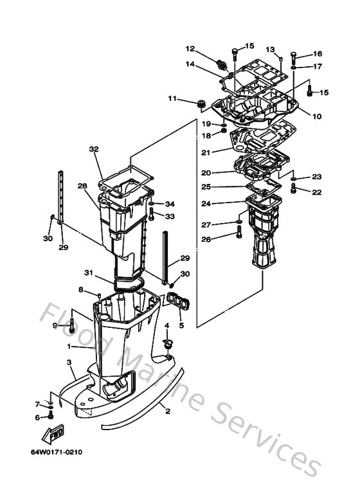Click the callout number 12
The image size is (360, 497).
[x=191, y=49]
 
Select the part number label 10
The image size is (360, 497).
[x=317, y=116]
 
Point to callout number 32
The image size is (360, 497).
[x=94, y=149]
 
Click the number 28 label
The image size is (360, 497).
[x=82, y=186]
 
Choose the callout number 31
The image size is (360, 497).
[x=89, y=273]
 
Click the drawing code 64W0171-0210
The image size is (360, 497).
[x=56, y=451]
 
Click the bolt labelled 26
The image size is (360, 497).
[x=237, y=237]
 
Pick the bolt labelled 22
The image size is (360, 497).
[x=294, y=189]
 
